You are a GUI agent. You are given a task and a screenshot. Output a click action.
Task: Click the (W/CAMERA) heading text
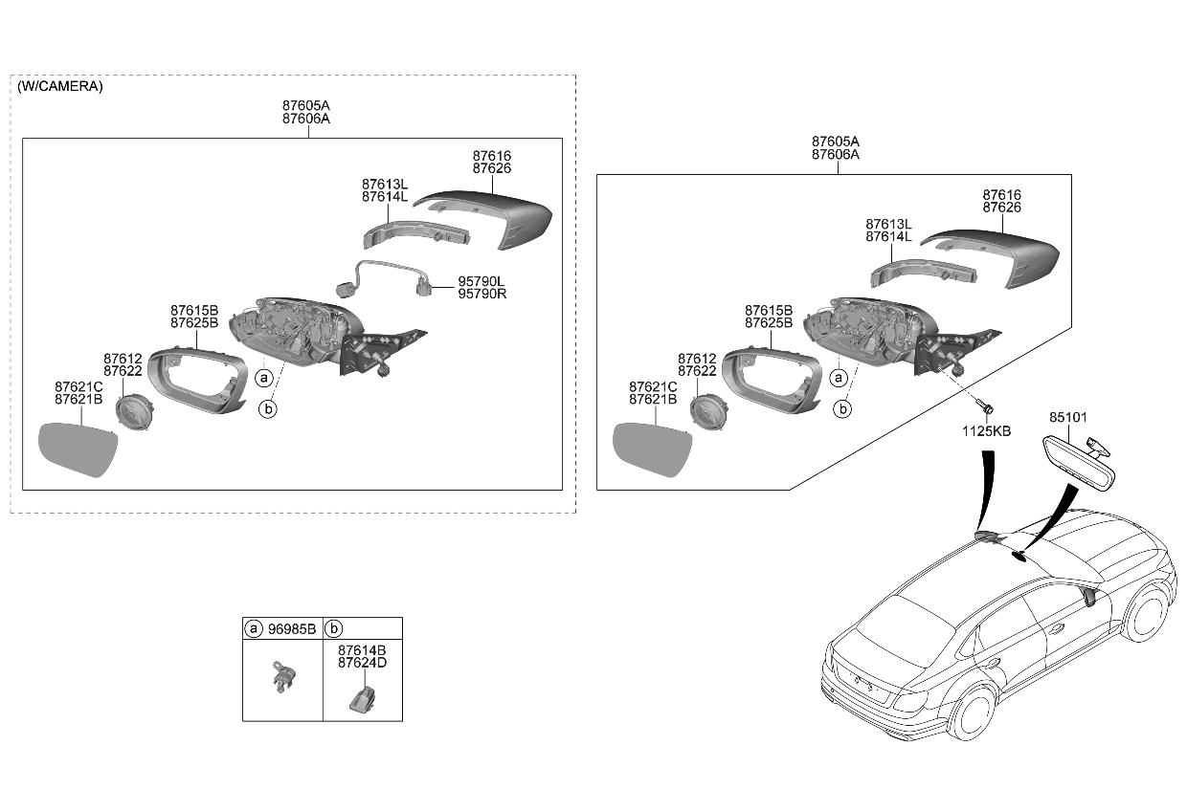pyautogui.click(x=59, y=86)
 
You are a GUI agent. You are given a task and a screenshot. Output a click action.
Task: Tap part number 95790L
pyautogui.click(x=482, y=281)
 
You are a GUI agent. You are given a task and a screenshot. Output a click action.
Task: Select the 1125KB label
pyautogui.click(x=986, y=431)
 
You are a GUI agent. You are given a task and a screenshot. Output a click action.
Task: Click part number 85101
pyautogui.click(x=1068, y=418)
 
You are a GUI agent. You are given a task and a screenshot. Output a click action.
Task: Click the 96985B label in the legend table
pyautogui.click(x=292, y=628)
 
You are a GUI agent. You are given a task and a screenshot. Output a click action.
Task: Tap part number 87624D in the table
pyautogui.click(x=362, y=662)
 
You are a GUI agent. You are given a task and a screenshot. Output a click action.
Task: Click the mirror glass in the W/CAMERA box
pyautogui.click(x=77, y=449)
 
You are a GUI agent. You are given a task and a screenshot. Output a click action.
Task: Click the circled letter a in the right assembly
pyautogui.click(x=839, y=377)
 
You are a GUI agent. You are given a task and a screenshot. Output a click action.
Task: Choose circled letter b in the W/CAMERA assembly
pyautogui.click(x=269, y=409)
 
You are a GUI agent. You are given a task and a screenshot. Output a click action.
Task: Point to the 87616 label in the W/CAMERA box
pyautogui.click(x=491, y=155)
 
